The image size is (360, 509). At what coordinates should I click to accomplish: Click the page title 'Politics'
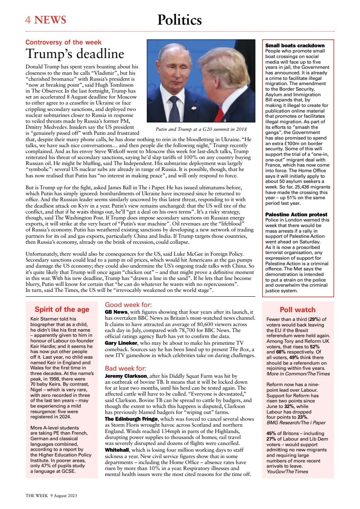179,20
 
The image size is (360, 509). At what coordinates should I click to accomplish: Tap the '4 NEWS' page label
45,20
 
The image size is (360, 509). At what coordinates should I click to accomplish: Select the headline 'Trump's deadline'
75,54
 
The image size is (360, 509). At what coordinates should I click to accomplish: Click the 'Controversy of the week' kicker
64,42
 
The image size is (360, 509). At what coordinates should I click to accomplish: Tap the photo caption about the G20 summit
201,129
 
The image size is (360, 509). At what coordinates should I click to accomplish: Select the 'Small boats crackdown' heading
295,46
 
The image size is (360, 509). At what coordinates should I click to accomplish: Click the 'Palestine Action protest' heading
296,215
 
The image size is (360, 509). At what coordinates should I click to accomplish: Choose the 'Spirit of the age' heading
62,309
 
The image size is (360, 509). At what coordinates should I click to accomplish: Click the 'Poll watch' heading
298,310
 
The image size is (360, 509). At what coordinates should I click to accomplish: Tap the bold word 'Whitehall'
117,449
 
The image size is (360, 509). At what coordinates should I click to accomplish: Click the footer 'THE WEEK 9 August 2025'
51,496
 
